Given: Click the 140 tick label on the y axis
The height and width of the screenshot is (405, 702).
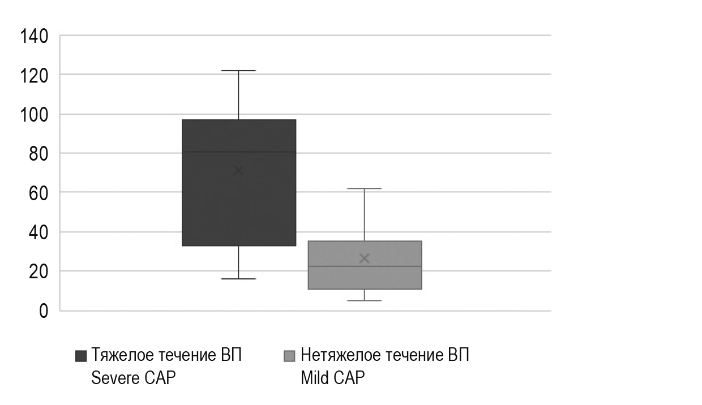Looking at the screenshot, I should coord(35,36).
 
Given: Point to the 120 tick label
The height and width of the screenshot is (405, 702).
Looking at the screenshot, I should coord(35,75).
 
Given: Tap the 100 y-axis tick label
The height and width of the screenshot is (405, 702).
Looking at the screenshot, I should coord(35,114).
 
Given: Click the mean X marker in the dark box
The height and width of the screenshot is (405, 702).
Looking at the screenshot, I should coord(238,170).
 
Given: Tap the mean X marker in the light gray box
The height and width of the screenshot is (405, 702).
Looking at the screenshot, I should coord(364,258).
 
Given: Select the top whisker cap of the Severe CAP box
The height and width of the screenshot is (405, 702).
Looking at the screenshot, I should coord(238,71).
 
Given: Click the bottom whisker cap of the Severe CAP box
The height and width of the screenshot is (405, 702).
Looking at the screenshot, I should coord(238,279).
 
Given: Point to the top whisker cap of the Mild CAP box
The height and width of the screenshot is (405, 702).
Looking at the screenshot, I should coord(364,188).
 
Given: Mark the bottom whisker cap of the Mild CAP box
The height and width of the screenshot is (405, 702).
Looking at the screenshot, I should coord(364,300).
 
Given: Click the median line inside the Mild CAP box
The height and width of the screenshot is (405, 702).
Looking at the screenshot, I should coord(364,266).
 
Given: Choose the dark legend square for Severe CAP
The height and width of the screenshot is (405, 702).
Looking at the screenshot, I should coord(81,356).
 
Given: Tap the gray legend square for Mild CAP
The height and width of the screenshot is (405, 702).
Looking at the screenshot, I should coord(289,356).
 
